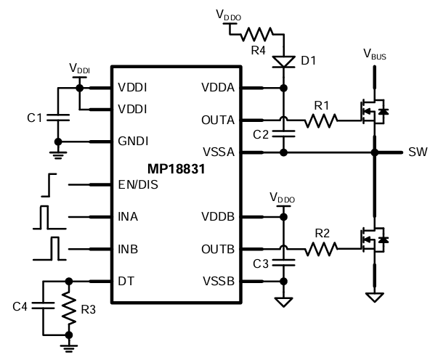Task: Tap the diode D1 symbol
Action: (x=283, y=60)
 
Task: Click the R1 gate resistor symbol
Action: (x=320, y=120)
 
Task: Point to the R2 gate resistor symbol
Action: (x=320, y=249)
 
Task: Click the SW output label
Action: (x=417, y=152)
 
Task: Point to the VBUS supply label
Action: (x=374, y=54)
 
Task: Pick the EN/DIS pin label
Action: (x=138, y=184)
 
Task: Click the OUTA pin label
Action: (x=217, y=120)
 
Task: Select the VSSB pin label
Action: (x=217, y=281)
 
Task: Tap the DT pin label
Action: (x=125, y=281)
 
